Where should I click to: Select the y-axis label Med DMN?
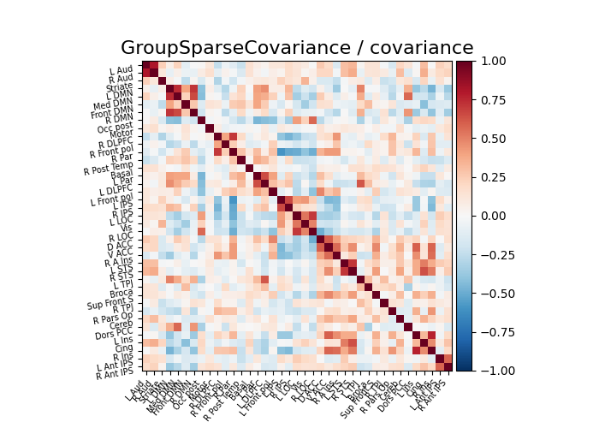[113, 105]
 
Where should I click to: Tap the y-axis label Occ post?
[115, 128]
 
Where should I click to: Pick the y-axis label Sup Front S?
[109, 300]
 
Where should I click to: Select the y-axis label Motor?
[121, 134]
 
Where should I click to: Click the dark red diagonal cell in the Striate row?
[162, 81]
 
